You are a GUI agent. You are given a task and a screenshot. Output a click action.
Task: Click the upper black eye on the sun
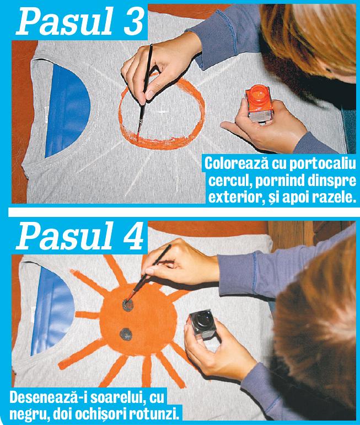point(128,304)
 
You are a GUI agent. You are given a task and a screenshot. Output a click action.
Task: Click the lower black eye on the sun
point(126,333)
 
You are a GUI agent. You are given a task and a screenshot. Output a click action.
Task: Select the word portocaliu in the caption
point(307,164)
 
